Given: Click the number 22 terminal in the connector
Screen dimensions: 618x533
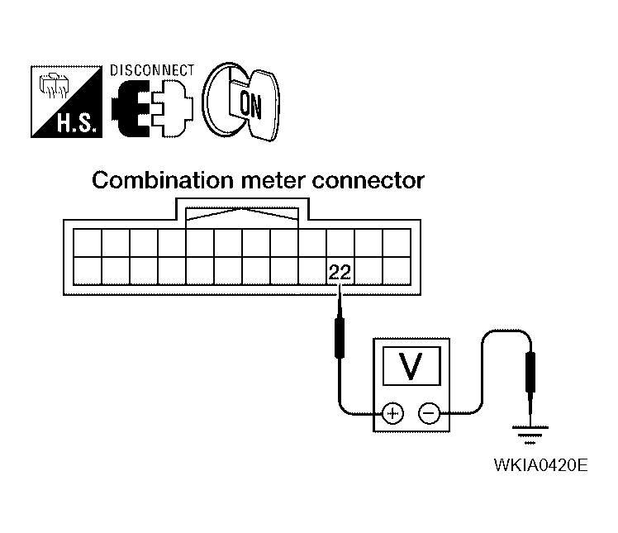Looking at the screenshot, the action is pos(340,271).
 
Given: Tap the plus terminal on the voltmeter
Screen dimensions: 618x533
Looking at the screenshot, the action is pos(392,413).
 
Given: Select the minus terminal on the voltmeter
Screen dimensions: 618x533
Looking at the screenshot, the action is pos(429,413).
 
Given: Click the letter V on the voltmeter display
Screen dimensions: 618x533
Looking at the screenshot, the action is pos(411,366).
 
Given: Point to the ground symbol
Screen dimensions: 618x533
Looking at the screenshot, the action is pos(530,435).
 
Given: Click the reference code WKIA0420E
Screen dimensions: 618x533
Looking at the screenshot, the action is pos(540,465).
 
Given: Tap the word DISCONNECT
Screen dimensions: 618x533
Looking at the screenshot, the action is pos(152,70).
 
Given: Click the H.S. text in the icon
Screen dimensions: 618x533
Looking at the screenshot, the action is pos(76,123).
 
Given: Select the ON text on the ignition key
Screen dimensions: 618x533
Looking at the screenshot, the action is pos(250,105).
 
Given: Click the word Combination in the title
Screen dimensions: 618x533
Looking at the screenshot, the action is pos(163,180).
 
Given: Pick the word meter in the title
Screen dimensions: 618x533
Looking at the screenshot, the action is pos(273,181).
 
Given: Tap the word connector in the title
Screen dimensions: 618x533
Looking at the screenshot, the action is pos(368,181).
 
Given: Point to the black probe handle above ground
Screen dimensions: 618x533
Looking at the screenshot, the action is pos(530,372).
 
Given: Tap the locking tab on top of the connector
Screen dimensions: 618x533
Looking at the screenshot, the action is pos(242,213).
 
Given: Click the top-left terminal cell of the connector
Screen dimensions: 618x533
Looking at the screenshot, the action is pos(88,243).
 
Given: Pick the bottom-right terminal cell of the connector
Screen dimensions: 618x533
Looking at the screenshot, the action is pos(397,271).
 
